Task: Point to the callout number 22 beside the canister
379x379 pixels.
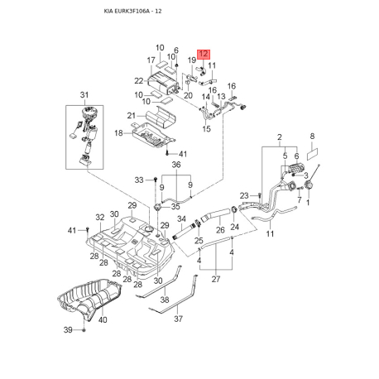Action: coord(138,80)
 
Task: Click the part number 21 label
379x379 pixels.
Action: coord(130,115)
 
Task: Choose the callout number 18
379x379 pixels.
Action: coord(118,132)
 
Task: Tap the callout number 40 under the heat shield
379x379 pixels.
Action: coord(103,320)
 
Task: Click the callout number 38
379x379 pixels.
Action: coord(164,300)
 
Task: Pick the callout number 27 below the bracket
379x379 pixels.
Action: coord(217,281)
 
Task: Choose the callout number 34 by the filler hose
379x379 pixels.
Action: coord(182,219)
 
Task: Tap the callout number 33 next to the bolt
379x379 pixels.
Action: coord(139,180)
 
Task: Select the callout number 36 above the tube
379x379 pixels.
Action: coord(175,165)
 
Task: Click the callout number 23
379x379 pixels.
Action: coord(245,195)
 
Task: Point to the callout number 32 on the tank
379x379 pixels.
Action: coord(99,218)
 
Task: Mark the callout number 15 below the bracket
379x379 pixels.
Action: coord(207,128)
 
